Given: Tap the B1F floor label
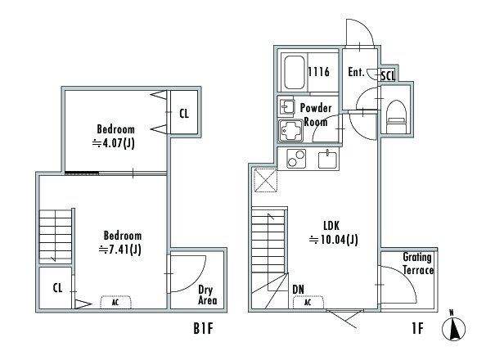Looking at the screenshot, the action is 204,328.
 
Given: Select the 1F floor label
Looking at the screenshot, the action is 417,328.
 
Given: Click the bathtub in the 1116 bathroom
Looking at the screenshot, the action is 295,73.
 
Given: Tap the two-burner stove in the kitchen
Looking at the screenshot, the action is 296,159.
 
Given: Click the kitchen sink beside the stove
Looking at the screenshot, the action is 327,159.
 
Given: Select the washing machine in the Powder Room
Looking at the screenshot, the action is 290,131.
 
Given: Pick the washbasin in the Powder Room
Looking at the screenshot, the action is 287,107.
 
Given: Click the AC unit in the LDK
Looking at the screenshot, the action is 308,303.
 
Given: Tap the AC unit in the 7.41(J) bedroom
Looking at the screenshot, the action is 115,303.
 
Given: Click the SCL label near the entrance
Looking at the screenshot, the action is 388,75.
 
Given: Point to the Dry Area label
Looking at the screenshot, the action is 207,295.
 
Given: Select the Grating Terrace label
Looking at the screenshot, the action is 418,263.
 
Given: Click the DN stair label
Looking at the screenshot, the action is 298,290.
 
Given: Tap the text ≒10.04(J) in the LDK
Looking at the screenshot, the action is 334,240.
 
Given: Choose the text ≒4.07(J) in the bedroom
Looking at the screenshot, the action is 114,143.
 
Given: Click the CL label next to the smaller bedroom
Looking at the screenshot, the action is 184,114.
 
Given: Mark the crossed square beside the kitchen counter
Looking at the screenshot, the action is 266,180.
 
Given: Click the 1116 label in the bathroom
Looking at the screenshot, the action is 318,72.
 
